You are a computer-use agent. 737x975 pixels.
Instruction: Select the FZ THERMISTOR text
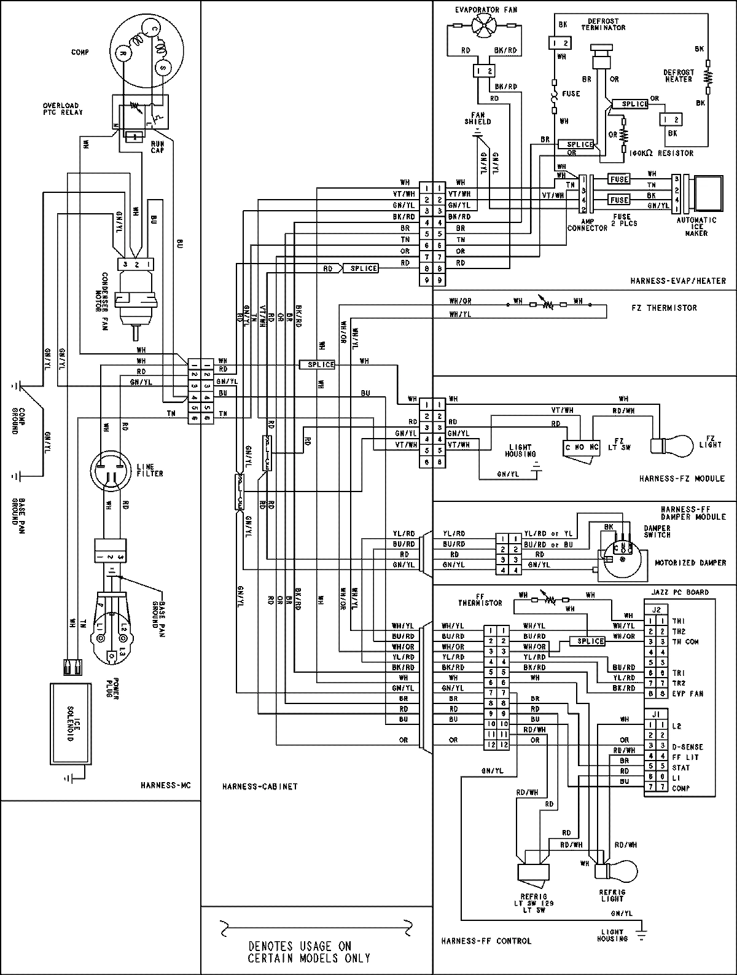pos(664,307)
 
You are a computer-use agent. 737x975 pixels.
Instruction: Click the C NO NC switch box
pos(580,448)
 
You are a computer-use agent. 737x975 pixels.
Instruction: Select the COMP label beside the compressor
pos(80,52)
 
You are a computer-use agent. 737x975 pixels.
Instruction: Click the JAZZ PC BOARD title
pos(680,592)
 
